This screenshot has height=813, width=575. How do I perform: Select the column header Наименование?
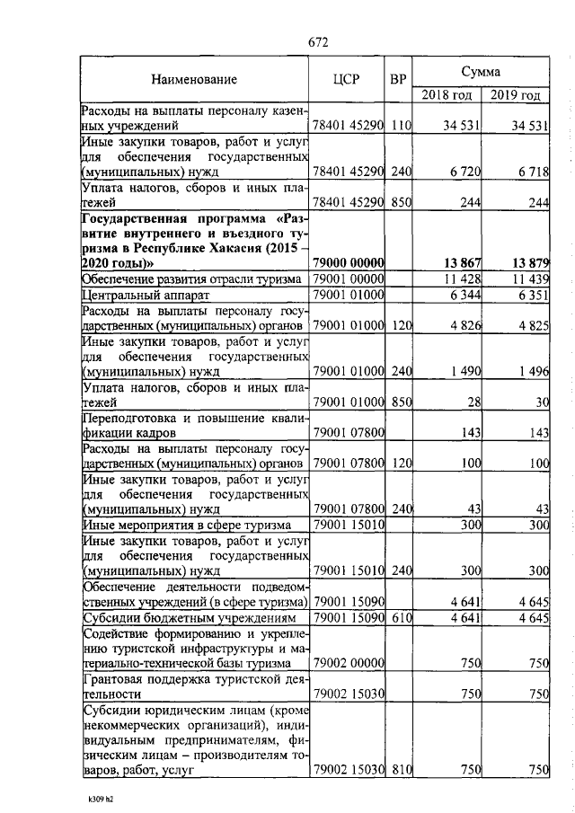coord(194,79)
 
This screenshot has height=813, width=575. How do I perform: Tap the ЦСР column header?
coord(346,79)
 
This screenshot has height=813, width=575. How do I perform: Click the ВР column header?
coord(398,79)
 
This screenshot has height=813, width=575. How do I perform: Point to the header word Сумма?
coord(481,70)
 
